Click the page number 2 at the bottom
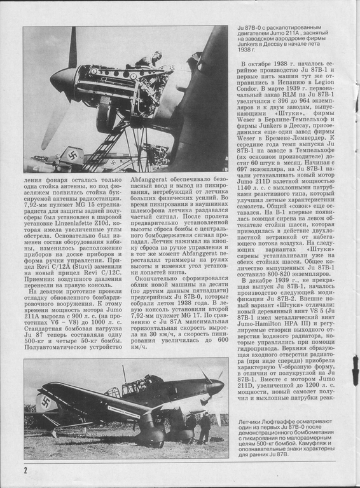[25, 470]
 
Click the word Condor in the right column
[247, 88]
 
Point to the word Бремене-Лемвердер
[294, 138]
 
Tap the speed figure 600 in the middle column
[223, 340]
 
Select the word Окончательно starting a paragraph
[153, 278]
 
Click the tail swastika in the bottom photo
[46, 402]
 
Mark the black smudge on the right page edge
[356, 371]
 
